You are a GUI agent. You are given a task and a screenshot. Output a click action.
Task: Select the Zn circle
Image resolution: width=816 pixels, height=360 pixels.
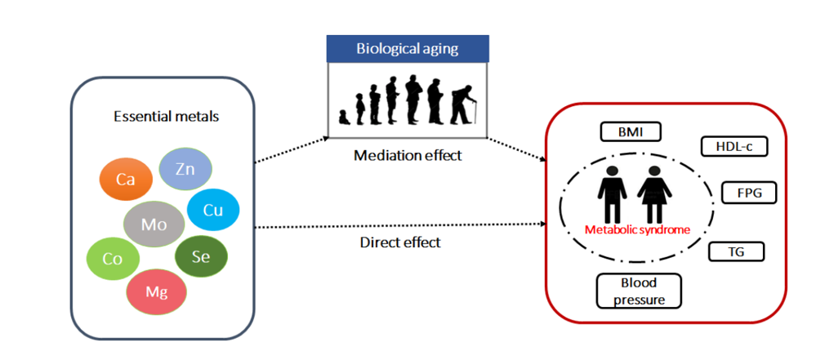tap(185, 169)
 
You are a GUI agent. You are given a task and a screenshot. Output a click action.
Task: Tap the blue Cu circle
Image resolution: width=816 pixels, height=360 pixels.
tap(213, 210)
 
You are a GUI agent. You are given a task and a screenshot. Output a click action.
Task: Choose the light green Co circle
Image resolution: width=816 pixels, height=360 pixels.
tap(113, 258)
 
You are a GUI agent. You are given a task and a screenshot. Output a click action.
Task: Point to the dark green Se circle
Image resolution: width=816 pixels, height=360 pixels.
tap(201, 256)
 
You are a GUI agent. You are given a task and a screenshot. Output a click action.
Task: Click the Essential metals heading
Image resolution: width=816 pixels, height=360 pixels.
tap(166, 116)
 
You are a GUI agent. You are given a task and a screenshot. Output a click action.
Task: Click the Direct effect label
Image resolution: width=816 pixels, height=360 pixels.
tap(400, 242)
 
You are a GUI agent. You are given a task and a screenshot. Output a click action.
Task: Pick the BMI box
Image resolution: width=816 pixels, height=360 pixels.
tap(629, 131)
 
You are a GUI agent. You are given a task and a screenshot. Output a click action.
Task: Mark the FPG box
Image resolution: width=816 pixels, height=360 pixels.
tap(749, 193)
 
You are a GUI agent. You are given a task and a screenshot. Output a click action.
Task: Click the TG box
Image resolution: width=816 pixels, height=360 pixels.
tap(735, 251)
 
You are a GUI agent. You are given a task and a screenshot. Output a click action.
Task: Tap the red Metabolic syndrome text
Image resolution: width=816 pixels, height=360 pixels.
tap(637, 229)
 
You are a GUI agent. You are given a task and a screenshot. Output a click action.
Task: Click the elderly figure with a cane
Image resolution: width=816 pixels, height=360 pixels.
tap(463, 101)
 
